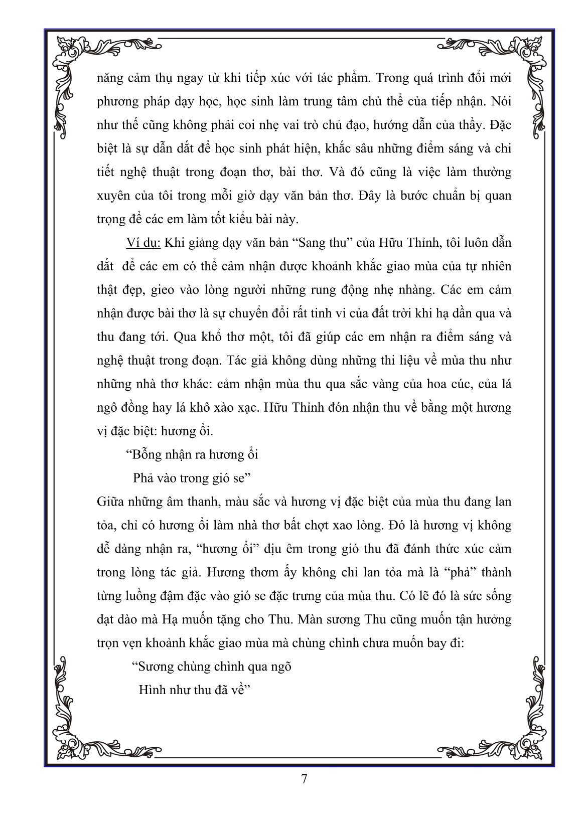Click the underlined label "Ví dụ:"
142,243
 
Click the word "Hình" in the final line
152,690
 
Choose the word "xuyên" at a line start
112,196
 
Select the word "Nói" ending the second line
500,101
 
